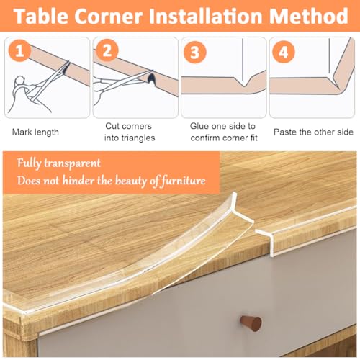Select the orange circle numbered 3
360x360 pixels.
[x=195, y=51]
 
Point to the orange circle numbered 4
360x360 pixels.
[x=284, y=51]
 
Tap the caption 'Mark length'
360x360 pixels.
[x=36, y=132]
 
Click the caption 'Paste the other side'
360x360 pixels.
[x=314, y=132]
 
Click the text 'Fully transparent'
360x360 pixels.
[x=60, y=163]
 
